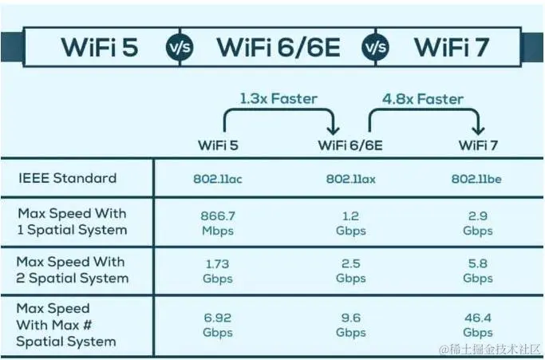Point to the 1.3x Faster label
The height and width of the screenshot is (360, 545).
[278, 99]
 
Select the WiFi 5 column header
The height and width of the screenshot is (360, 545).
[218, 145]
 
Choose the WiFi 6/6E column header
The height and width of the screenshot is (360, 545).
[351, 145]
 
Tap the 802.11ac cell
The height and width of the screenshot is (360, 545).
[217, 178]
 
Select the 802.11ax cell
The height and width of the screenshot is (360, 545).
[351, 178]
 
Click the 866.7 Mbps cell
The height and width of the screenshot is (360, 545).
[217, 223]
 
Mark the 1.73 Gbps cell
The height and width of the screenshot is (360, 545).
[217, 271]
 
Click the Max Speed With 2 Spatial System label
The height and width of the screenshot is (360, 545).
[72, 271]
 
